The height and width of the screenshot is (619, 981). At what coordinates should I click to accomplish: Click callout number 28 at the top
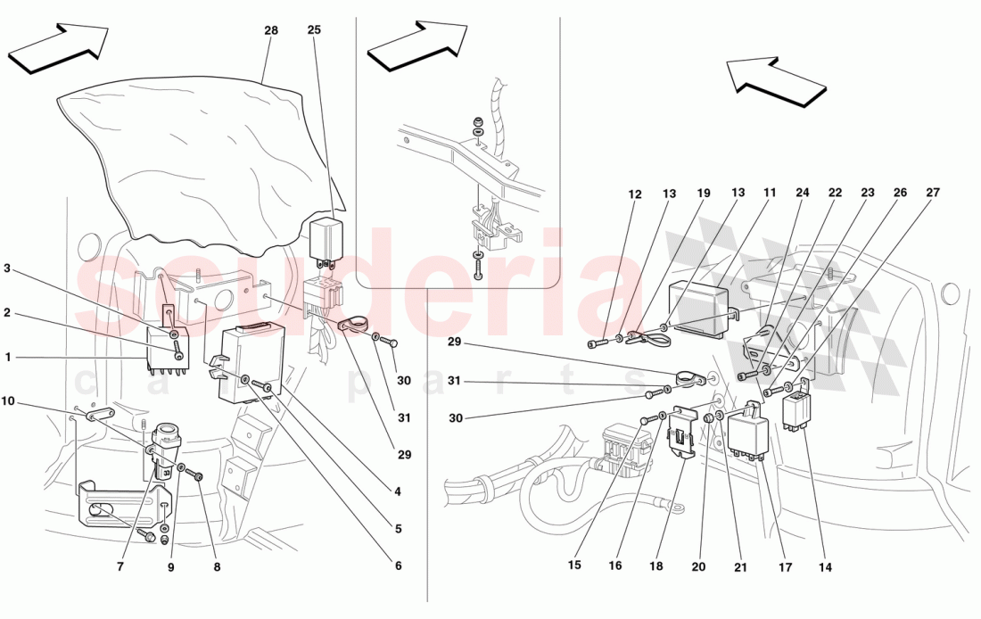click(271, 30)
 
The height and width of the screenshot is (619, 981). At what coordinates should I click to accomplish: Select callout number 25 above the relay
click(314, 30)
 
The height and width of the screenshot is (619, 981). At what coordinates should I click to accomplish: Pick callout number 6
click(397, 565)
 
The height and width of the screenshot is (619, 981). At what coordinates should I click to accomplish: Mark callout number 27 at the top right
click(933, 194)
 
